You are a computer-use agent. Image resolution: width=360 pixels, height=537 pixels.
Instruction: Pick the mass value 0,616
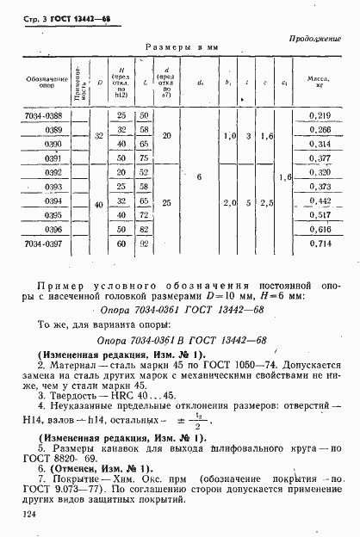point(319,231)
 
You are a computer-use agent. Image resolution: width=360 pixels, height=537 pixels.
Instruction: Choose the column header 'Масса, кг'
point(319,83)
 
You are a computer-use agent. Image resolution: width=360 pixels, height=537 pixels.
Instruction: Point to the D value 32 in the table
point(99,136)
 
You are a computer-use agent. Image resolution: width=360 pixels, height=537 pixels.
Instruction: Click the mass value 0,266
point(319,129)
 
